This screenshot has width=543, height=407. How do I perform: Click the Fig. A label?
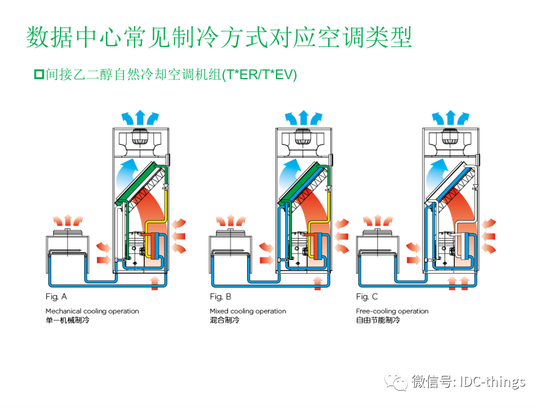click(56, 296)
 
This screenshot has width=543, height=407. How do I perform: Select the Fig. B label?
click(220, 296)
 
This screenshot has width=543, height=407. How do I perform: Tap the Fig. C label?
click(367, 296)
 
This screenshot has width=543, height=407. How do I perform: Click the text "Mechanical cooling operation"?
click(92, 311)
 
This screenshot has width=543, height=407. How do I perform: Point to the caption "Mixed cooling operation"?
click(248, 311)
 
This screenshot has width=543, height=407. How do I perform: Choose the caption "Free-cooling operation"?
click(392, 311)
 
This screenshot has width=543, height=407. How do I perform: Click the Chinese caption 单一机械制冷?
click(68, 321)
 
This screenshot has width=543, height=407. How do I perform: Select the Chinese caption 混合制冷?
click(225, 321)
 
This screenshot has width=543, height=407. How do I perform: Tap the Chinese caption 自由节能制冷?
click(378, 321)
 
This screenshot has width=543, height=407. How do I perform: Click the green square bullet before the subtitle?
click(39, 73)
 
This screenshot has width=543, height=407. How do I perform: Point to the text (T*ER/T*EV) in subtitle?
click(259, 74)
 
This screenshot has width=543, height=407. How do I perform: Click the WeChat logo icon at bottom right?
click(397, 382)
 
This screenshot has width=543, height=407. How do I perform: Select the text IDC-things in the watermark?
click(493, 382)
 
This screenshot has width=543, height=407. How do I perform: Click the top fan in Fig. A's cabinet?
click(140, 137)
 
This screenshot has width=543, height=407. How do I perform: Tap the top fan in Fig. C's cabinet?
click(450, 137)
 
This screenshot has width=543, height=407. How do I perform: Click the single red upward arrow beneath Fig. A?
click(154, 283)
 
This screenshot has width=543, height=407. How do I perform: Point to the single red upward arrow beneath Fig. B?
click(318, 283)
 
